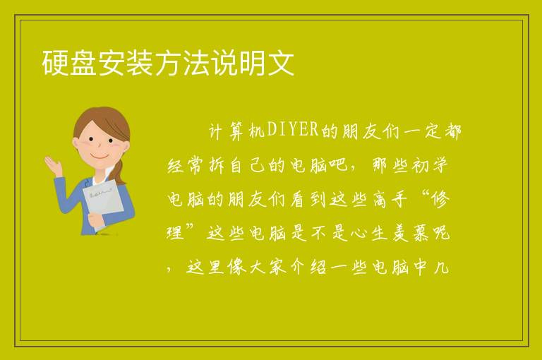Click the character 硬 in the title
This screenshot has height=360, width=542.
coord(55,63)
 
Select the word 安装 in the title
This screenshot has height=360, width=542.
coord(125,63)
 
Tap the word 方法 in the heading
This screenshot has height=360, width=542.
coord(182,63)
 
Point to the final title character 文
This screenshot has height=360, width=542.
coord(280,63)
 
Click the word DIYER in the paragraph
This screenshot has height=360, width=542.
coord(293,130)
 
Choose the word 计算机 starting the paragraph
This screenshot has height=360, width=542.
coord(237,131)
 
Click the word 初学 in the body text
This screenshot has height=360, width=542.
coord(430,165)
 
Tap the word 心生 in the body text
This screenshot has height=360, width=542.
coord(369,233)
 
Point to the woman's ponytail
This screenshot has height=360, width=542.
coord(119,172)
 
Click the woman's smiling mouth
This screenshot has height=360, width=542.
coord(100,157)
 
